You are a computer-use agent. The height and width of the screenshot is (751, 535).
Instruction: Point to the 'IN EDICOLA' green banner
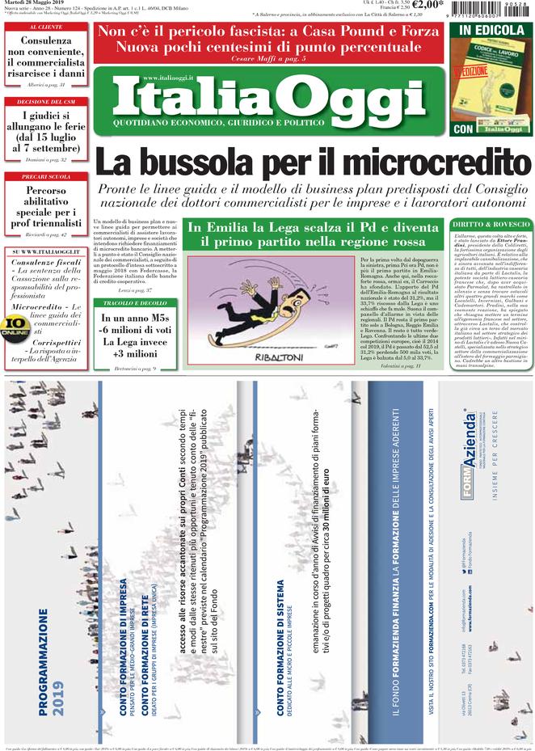tap(489, 31)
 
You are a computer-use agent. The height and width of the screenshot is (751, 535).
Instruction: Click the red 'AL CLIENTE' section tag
tap(46, 27)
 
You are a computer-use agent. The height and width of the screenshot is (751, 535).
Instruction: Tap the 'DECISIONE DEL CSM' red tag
tap(46, 102)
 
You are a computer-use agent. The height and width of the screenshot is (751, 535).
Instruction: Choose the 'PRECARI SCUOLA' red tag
tap(46, 177)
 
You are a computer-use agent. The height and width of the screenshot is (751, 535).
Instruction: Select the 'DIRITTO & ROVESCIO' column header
tap(488, 223)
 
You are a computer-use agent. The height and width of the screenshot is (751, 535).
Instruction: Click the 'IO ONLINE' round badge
tap(15, 325)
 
